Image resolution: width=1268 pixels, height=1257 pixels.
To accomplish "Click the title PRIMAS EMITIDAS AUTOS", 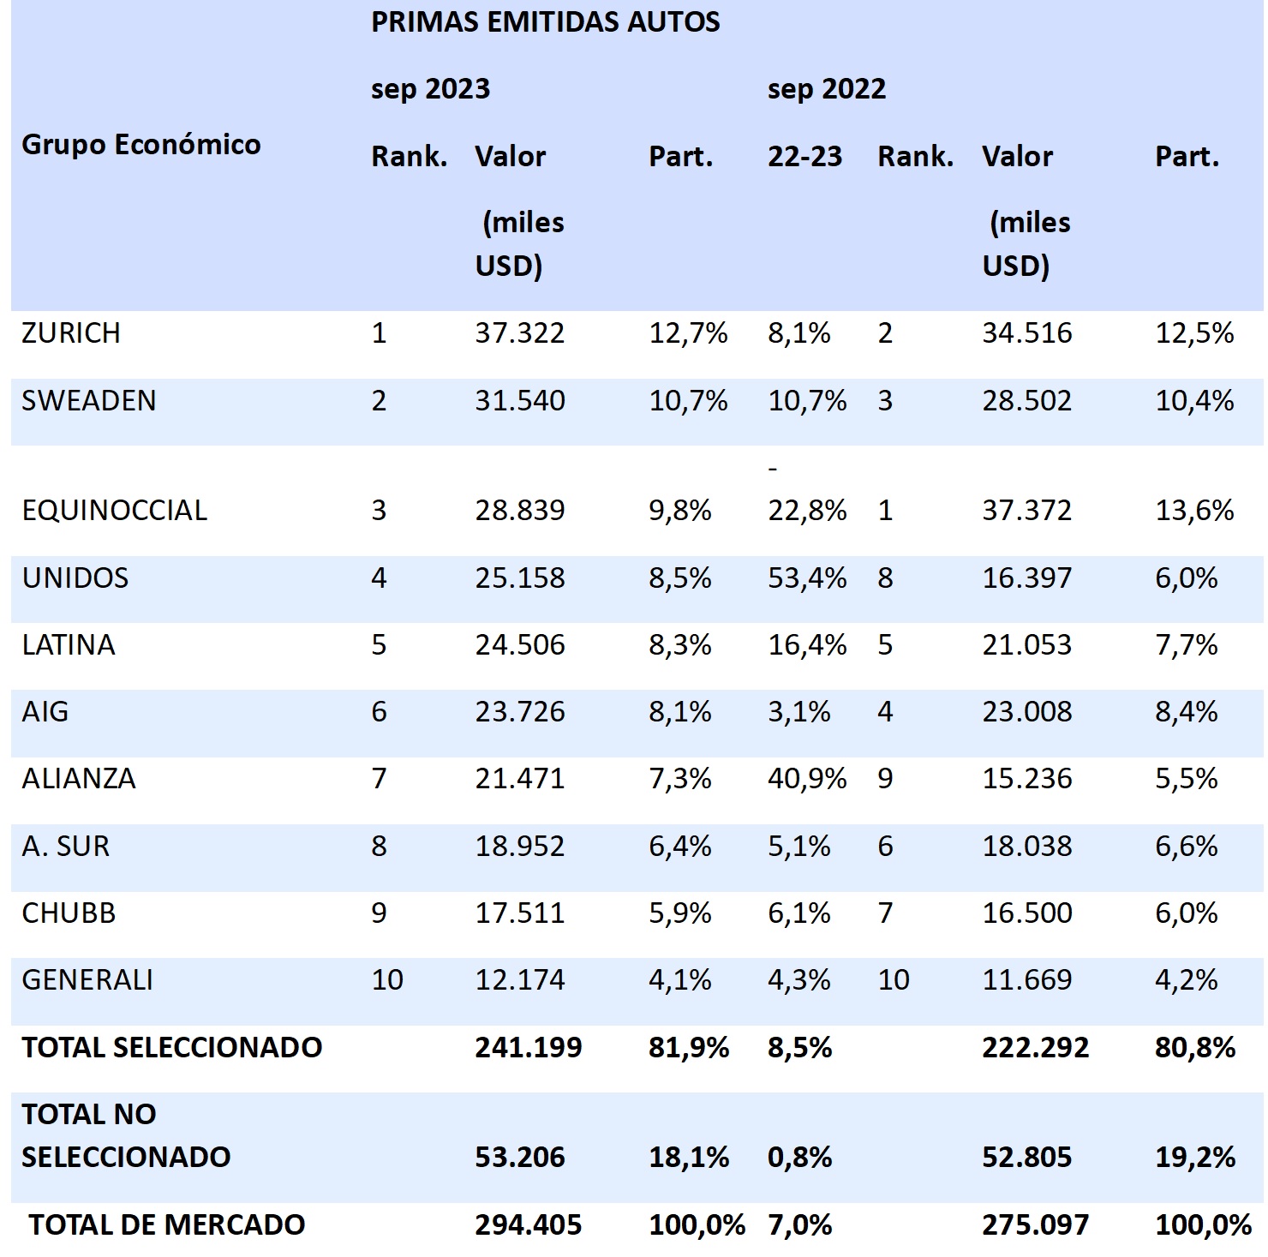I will point(545,22).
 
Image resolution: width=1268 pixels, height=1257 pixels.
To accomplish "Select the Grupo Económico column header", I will point(141,145).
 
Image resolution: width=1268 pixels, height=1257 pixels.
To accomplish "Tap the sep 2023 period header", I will point(430,89).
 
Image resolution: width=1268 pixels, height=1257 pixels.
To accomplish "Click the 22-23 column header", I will point(804,157).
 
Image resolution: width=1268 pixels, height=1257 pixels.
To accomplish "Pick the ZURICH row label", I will point(71,333).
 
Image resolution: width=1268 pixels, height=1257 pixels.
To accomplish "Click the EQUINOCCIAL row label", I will point(115,511).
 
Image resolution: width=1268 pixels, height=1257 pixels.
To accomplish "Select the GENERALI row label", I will point(87,979).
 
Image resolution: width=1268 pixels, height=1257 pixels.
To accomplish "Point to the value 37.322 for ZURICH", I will point(520,333).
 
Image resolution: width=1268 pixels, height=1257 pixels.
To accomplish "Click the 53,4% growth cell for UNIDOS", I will point(806,578).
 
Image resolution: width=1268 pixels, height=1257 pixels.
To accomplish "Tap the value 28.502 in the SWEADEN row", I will point(1026,401).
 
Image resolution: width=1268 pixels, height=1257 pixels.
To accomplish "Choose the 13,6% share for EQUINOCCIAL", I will point(1194,511).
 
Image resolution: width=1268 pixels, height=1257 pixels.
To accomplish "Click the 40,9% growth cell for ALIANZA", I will point(806,779).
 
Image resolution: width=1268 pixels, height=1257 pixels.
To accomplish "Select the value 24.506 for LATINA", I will point(520,645).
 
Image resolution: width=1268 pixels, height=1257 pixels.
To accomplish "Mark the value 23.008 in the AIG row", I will point(1026,712).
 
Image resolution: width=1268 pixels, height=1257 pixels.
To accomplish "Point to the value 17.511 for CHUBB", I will point(520,913).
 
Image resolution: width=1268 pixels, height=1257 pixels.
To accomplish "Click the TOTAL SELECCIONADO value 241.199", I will point(528,1047).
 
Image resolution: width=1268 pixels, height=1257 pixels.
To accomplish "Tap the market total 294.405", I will point(528,1225).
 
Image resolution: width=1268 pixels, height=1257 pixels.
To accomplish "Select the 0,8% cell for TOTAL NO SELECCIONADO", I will point(799,1158).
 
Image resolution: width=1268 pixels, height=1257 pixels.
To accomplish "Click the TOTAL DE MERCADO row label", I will point(167,1225).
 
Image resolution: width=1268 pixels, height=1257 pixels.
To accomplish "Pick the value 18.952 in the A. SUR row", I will point(520,847).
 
